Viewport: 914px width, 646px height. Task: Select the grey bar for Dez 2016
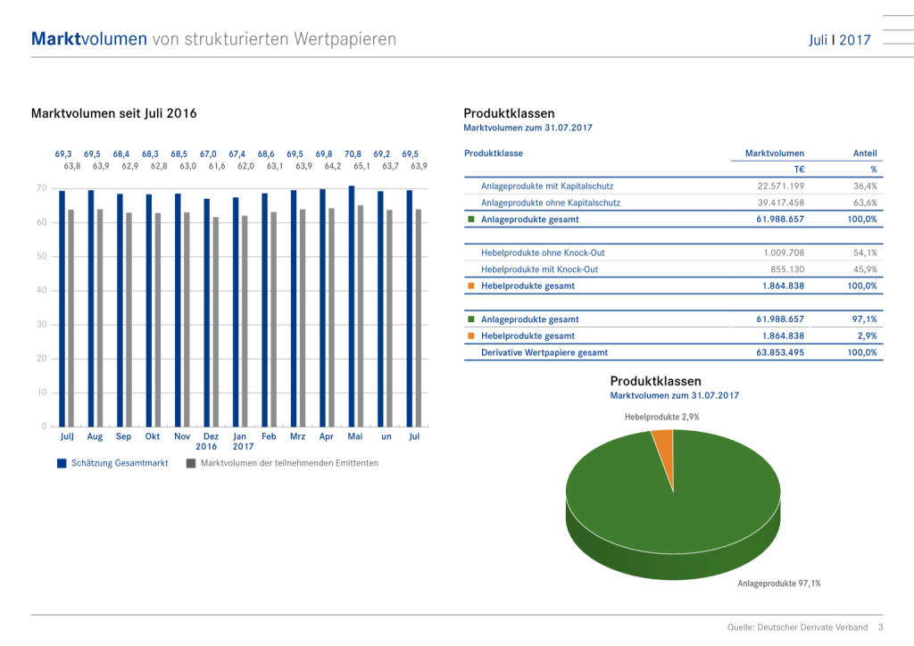click(215, 321)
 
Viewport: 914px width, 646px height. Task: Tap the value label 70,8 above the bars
click(353, 154)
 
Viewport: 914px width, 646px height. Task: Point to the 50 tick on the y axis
click(41, 257)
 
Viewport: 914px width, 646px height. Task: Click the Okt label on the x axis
click(153, 437)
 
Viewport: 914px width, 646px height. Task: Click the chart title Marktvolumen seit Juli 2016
click(113, 113)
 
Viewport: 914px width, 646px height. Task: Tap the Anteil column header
click(865, 153)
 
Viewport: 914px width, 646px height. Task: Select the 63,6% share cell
click(865, 203)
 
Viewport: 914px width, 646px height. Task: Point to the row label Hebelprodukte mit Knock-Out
click(539, 269)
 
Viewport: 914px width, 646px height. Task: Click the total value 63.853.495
click(771, 352)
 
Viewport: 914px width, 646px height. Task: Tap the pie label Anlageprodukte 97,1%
click(778, 584)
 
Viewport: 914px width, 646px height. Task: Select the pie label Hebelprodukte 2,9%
click(661, 417)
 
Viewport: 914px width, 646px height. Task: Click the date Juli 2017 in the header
click(839, 40)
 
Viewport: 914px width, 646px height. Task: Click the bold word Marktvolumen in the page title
click(88, 39)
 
